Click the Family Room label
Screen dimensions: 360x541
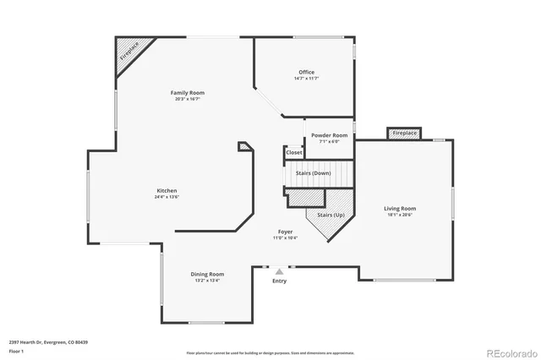pyautogui.click(x=187, y=92)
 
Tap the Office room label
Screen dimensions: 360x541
pyautogui.click(x=306, y=72)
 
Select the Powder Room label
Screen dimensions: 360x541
pyautogui.click(x=329, y=135)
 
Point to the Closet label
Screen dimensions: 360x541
pyautogui.click(x=293, y=152)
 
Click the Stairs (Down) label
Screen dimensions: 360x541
pyautogui.click(x=313, y=172)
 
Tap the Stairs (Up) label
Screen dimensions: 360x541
pyautogui.click(x=331, y=215)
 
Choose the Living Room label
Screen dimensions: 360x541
pyautogui.click(x=400, y=208)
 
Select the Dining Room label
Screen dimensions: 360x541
pyautogui.click(x=207, y=274)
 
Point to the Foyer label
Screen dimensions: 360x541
pyautogui.click(x=286, y=232)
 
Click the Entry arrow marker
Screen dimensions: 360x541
pyautogui.click(x=279, y=272)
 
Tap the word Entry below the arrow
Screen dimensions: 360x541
pyautogui.click(x=279, y=281)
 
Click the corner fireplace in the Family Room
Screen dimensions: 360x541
pyautogui.click(x=128, y=57)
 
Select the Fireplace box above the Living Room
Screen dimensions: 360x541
pyautogui.click(x=404, y=133)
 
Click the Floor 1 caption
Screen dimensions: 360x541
pyautogui.click(x=16, y=350)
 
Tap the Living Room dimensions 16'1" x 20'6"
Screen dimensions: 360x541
pyautogui.click(x=400, y=215)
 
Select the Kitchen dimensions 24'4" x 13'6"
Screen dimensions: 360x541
pyautogui.click(x=167, y=197)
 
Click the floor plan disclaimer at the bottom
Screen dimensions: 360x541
pyautogui.click(x=270, y=353)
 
